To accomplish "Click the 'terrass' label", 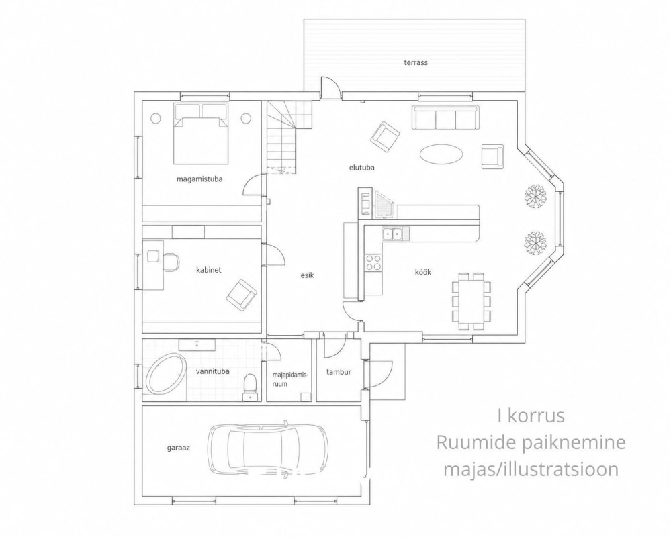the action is click(x=416, y=62).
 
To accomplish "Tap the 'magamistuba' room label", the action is click(x=199, y=179).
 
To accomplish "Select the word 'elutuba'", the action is click(x=361, y=168).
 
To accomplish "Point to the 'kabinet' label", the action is click(x=208, y=270).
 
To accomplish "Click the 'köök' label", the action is click(x=422, y=272).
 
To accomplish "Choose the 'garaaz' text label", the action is click(x=178, y=448).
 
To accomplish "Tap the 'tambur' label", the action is click(x=339, y=372).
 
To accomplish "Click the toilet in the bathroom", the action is click(x=249, y=387).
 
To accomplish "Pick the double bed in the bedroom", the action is click(x=200, y=134).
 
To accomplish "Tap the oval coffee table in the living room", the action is click(x=441, y=153).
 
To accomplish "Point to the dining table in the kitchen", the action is click(x=472, y=301).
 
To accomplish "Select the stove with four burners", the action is click(x=373, y=262).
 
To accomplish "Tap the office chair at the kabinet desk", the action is click(x=171, y=262).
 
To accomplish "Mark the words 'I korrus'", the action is click(x=531, y=416).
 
